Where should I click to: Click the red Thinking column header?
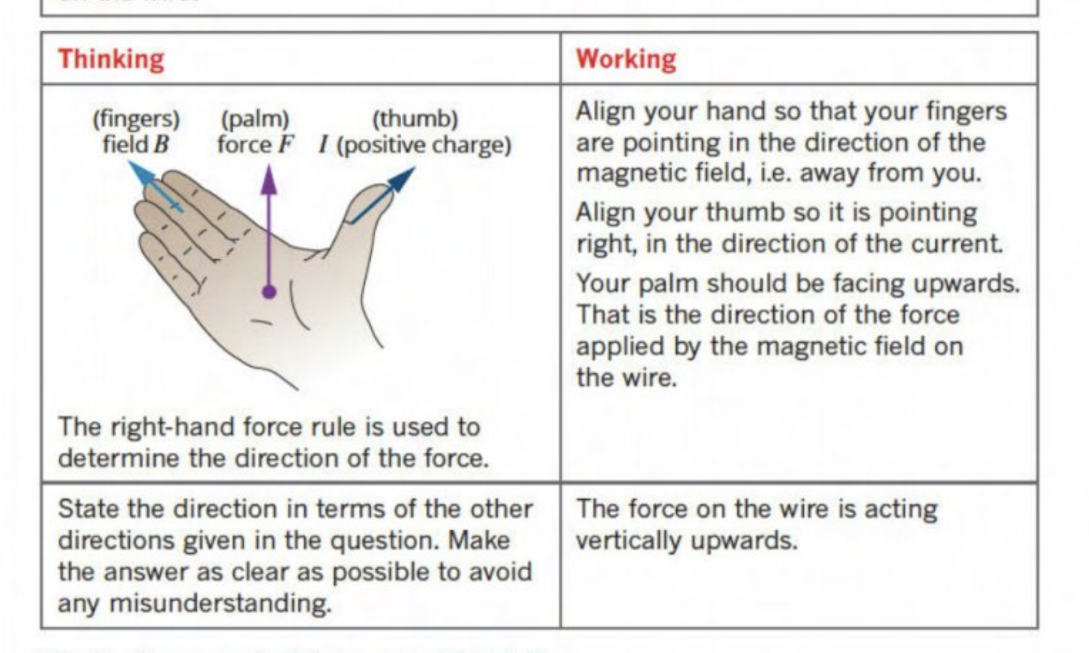(111, 59)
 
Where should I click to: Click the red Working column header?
(625, 59)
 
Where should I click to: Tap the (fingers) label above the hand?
(136, 119)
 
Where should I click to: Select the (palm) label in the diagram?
(255, 119)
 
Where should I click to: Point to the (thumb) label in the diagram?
(415, 119)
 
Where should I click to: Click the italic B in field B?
(162, 145)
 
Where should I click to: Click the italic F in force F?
(287, 145)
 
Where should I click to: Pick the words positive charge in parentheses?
(424, 145)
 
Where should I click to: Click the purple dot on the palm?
(269, 292)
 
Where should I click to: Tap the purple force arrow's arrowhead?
(269, 178)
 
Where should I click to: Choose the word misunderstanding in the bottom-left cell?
(220, 603)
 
